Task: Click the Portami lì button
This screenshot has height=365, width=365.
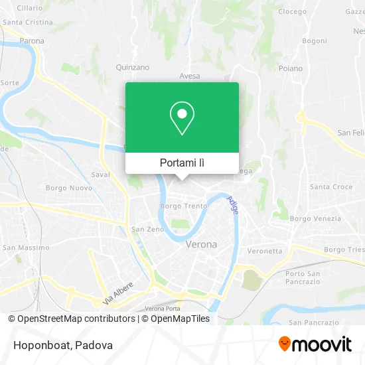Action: [x=182, y=163]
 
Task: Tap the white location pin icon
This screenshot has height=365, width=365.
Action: [x=182, y=118]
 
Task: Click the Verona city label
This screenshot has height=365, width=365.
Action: [x=201, y=244]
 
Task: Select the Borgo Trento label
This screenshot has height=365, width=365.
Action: [x=184, y=206]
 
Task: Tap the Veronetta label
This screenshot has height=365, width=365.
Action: [x=265, y=251]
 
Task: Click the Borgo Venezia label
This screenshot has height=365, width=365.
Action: [x=316, y=218]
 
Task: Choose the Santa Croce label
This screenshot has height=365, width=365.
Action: [x=331, y=187]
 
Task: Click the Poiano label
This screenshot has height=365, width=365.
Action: [x=291, y=68]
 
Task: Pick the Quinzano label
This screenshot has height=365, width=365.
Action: [x=133, y=67]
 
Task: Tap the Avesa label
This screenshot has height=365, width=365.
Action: [x=189, y=76]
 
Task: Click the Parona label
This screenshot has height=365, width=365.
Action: [x=32, y=41]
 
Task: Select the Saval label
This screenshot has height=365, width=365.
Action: [x=100, y=175]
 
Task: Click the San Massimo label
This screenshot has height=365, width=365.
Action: [x=26, y=248]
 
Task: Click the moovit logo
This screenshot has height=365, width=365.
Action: [x=315, y=344]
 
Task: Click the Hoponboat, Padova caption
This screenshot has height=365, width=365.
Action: [x=60, y=345]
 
